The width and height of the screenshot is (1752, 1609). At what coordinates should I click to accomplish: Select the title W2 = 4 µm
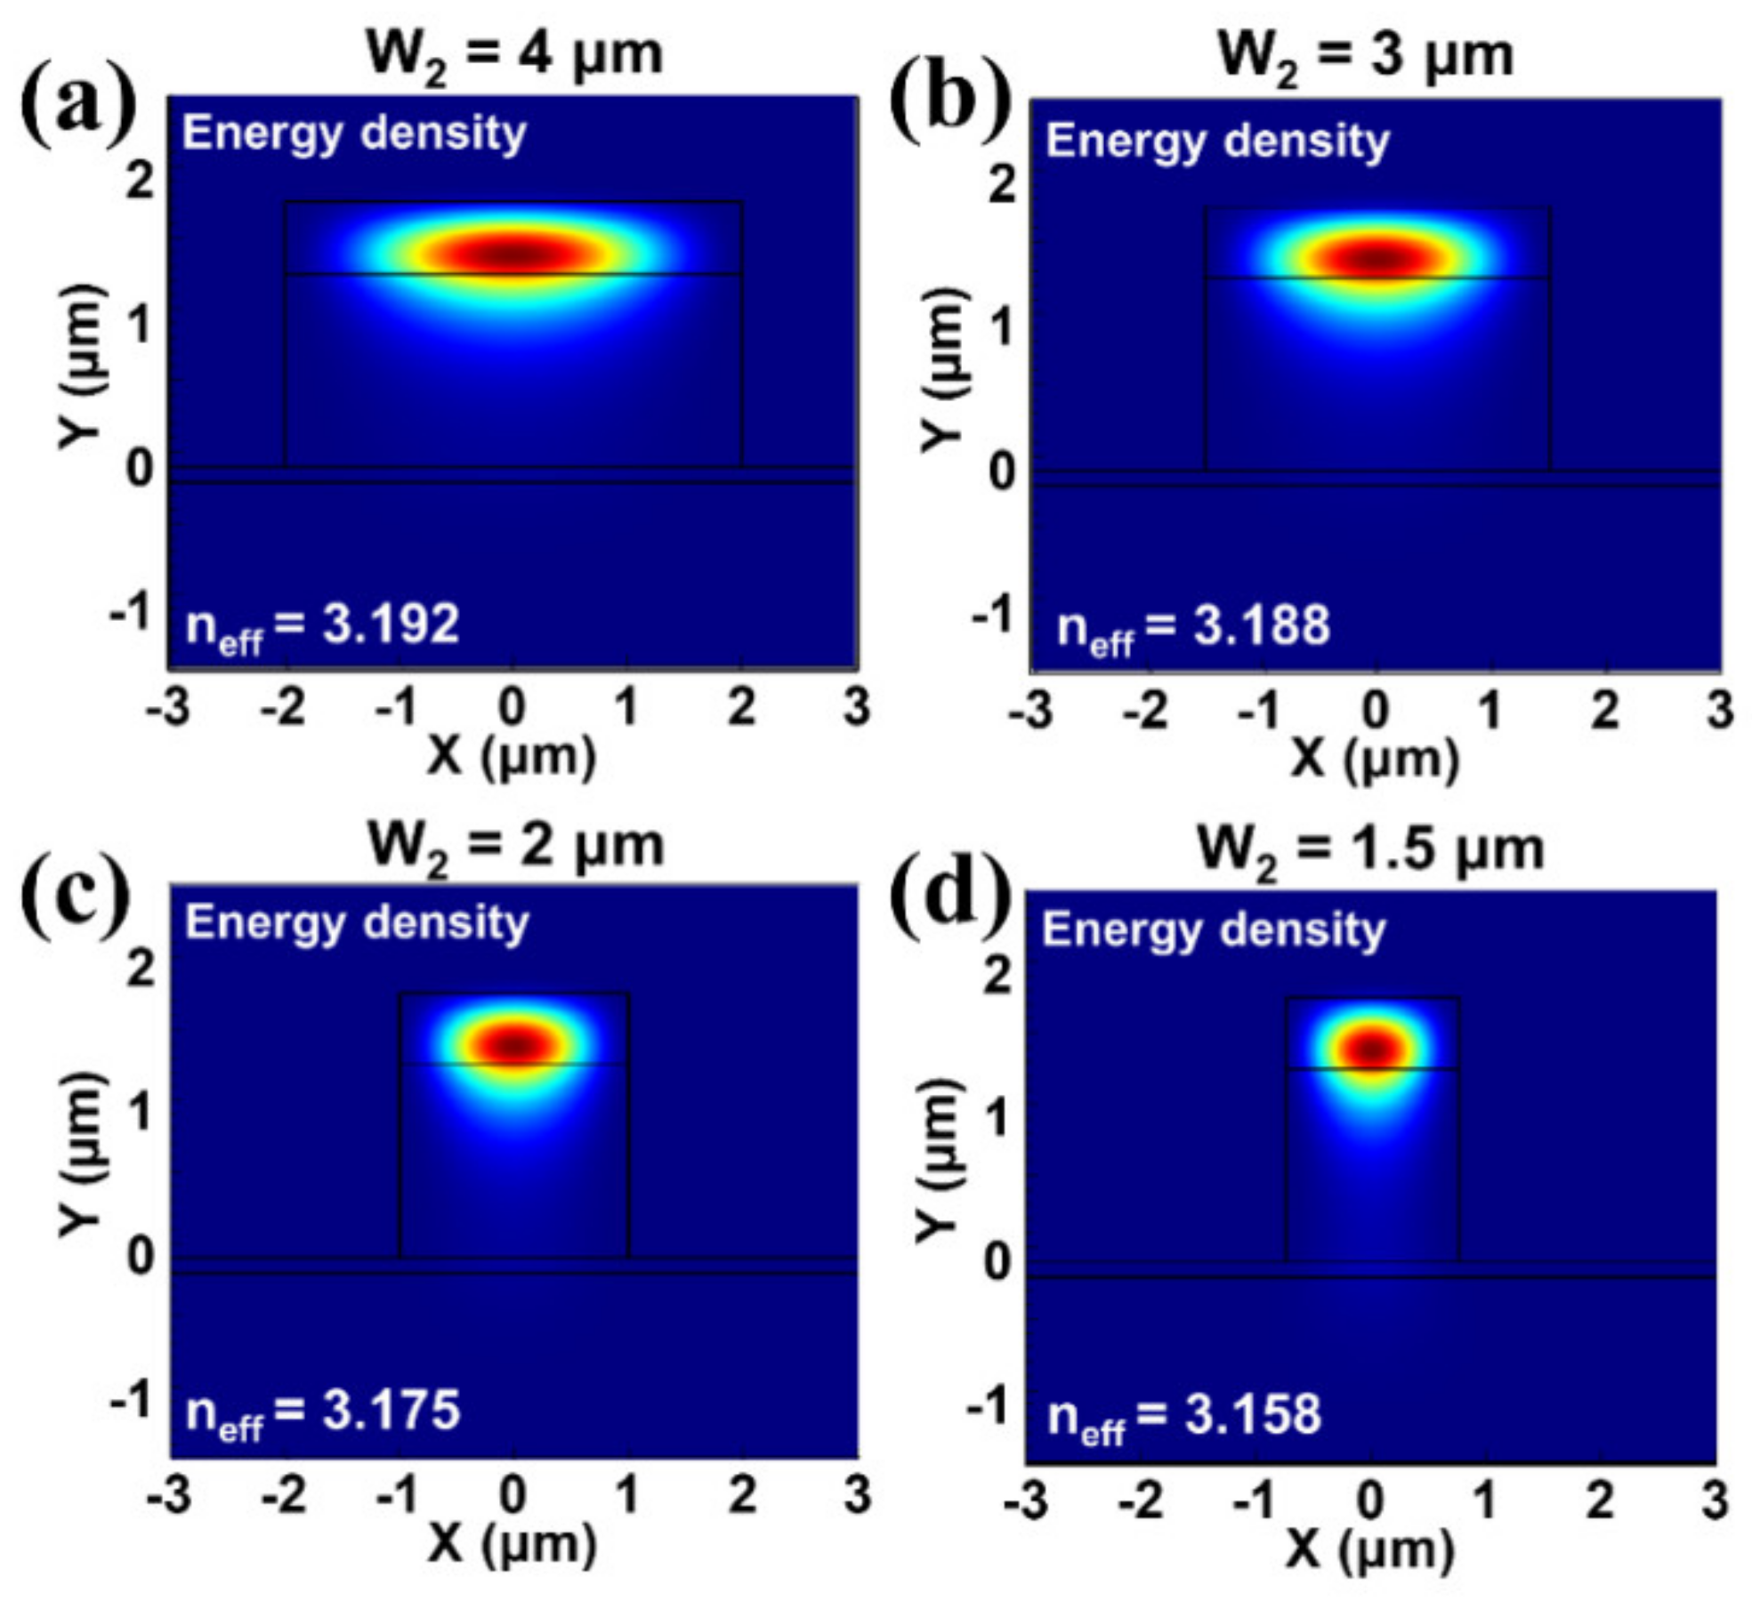pyautogui.click(x=514, y=55)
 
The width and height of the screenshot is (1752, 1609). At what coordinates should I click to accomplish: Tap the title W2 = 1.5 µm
pyautogui.click(x=1370, y=850)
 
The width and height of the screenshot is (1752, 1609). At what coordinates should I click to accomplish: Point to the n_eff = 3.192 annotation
pyautogui.click(x=322, y=625)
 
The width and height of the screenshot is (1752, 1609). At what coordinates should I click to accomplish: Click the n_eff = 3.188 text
pyautogui.click(x=1192, y=627)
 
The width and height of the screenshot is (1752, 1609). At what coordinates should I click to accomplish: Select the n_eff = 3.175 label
pyautogui.click(x=322, y=1412)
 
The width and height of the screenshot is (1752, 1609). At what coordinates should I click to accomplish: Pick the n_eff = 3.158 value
pyautogui.click(x=1183, y=1415)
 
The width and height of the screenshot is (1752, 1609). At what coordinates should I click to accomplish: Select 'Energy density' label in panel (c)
pyautogui.click(x=357, y=923)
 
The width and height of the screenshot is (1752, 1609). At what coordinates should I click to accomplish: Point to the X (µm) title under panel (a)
pyautogui.click(x=512, y=757)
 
